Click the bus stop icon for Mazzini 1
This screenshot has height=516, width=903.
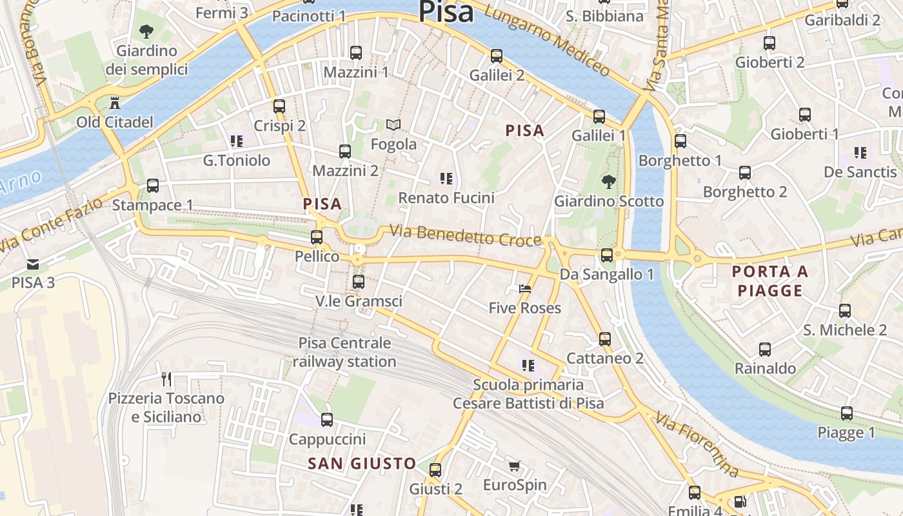coord(355,53)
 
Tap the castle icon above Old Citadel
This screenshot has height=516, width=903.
coord(115,103)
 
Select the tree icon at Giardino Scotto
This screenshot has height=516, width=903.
coord(608,182)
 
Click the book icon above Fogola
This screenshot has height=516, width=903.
coord(393,124)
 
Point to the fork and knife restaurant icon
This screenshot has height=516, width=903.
coord(166,379)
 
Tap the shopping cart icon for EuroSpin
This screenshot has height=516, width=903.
coord(514,466)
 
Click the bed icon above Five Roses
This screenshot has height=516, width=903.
coord(525,288)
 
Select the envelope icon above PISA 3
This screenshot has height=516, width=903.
coord(33,264)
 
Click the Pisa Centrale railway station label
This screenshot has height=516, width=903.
coord(344,352)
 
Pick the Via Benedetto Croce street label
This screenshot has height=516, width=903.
coord(466,235)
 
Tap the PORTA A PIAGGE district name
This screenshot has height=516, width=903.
coord(770,281)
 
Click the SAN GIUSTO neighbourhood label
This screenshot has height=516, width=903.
coord(362,463)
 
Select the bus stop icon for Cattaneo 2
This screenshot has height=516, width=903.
coord(604,339)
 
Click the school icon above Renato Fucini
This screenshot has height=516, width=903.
coord(446,178)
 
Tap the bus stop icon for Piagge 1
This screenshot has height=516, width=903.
coord(846,413)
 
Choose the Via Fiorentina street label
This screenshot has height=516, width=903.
coord(697,444)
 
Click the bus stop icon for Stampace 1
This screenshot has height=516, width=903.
coord(153,186)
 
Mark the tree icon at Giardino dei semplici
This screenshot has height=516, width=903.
coord(146,31)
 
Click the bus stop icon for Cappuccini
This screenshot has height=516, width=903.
coord(327,420)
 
